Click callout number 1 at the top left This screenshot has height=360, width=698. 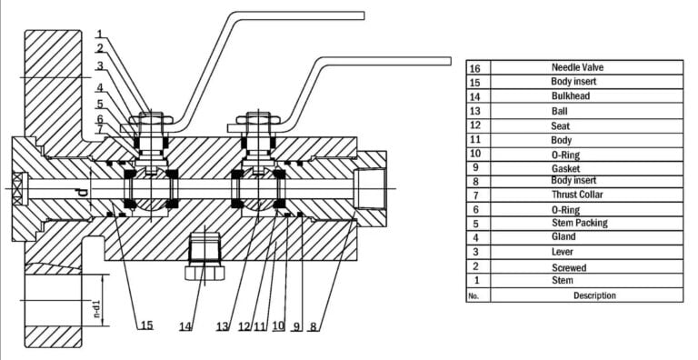click(100, 34)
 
